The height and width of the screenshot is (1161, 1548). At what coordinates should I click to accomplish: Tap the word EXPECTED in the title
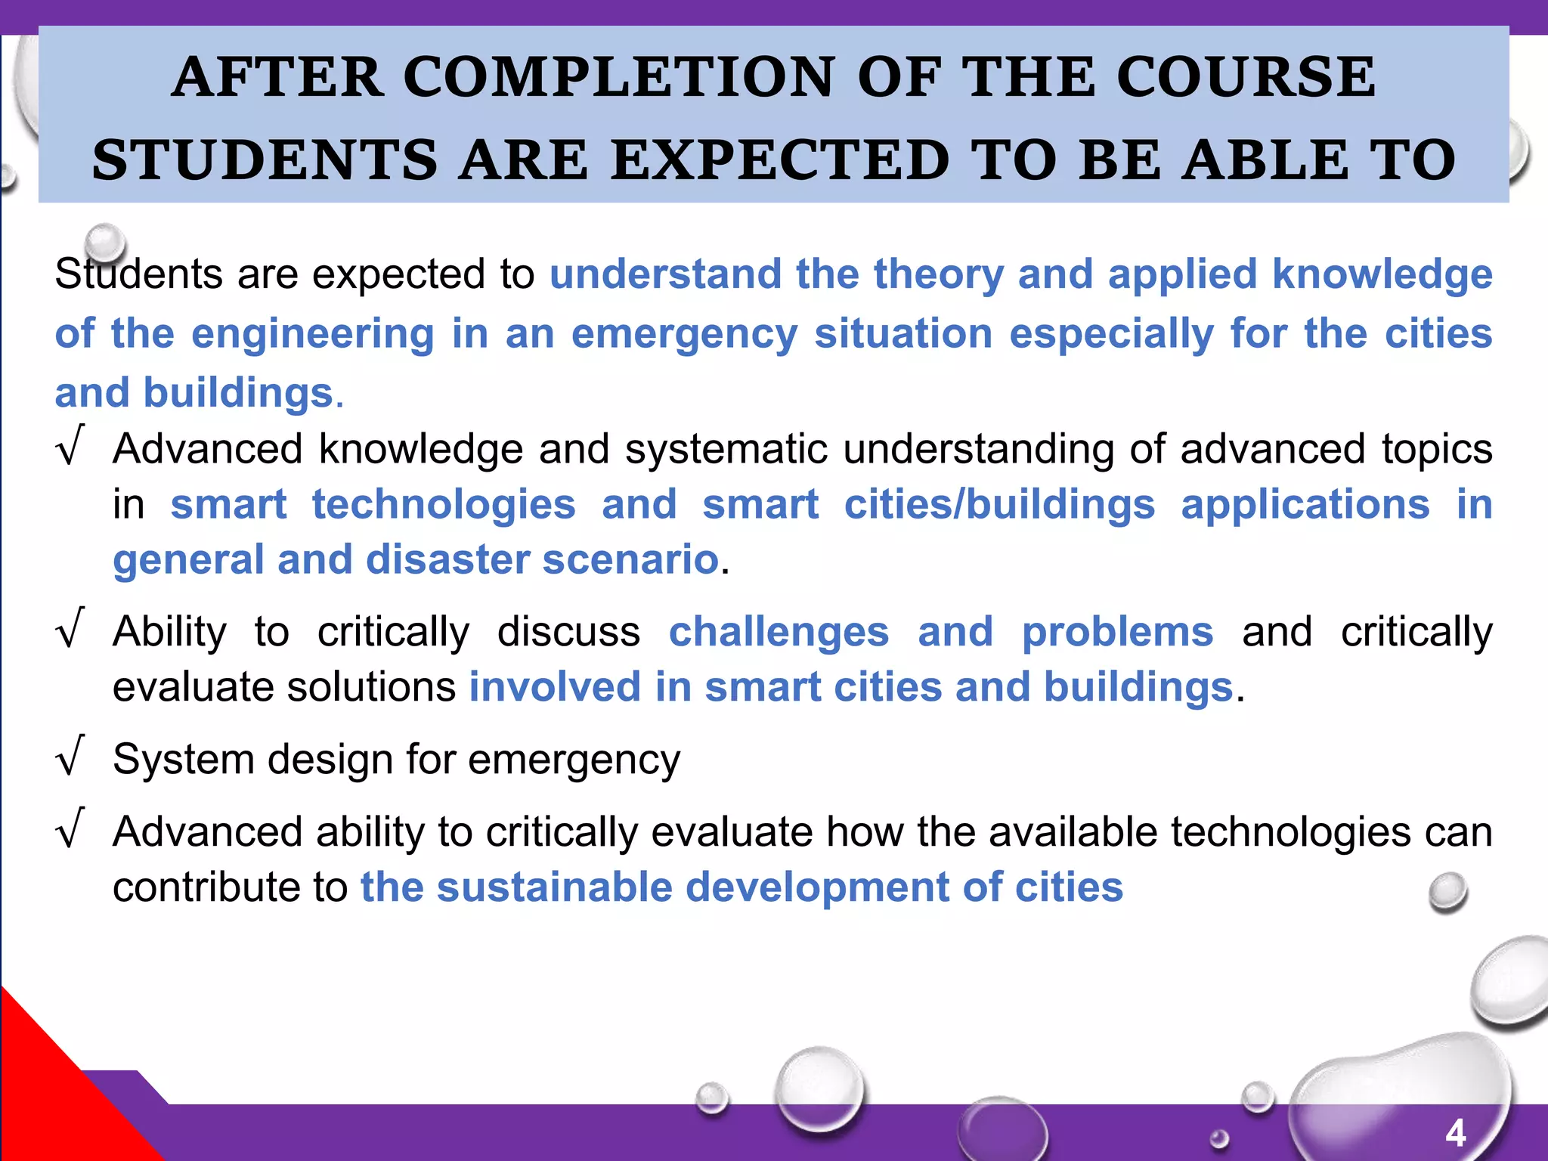[x=779, y=160]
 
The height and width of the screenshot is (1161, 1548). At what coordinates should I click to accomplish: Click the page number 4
[x=1455, y=1132]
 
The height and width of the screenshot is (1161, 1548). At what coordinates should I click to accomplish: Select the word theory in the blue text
[x=938, y=274]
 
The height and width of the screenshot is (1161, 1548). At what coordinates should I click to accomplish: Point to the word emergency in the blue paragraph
[x=684, y=334]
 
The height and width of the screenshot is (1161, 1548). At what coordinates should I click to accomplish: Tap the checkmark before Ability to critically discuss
[x=70, y=629]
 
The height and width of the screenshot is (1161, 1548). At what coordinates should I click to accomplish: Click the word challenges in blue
[x=779, y=632]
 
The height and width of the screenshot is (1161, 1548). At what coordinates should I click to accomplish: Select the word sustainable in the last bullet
[x=554, y=887]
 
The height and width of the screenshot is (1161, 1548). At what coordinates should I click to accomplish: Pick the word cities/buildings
[x=999, y=504]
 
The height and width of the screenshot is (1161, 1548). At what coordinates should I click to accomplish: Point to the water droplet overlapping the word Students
[x=104, y=243]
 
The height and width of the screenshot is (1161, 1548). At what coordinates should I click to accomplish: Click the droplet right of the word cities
[x=1447, y=892]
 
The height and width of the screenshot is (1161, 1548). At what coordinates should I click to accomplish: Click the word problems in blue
[x=1117, y=632]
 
